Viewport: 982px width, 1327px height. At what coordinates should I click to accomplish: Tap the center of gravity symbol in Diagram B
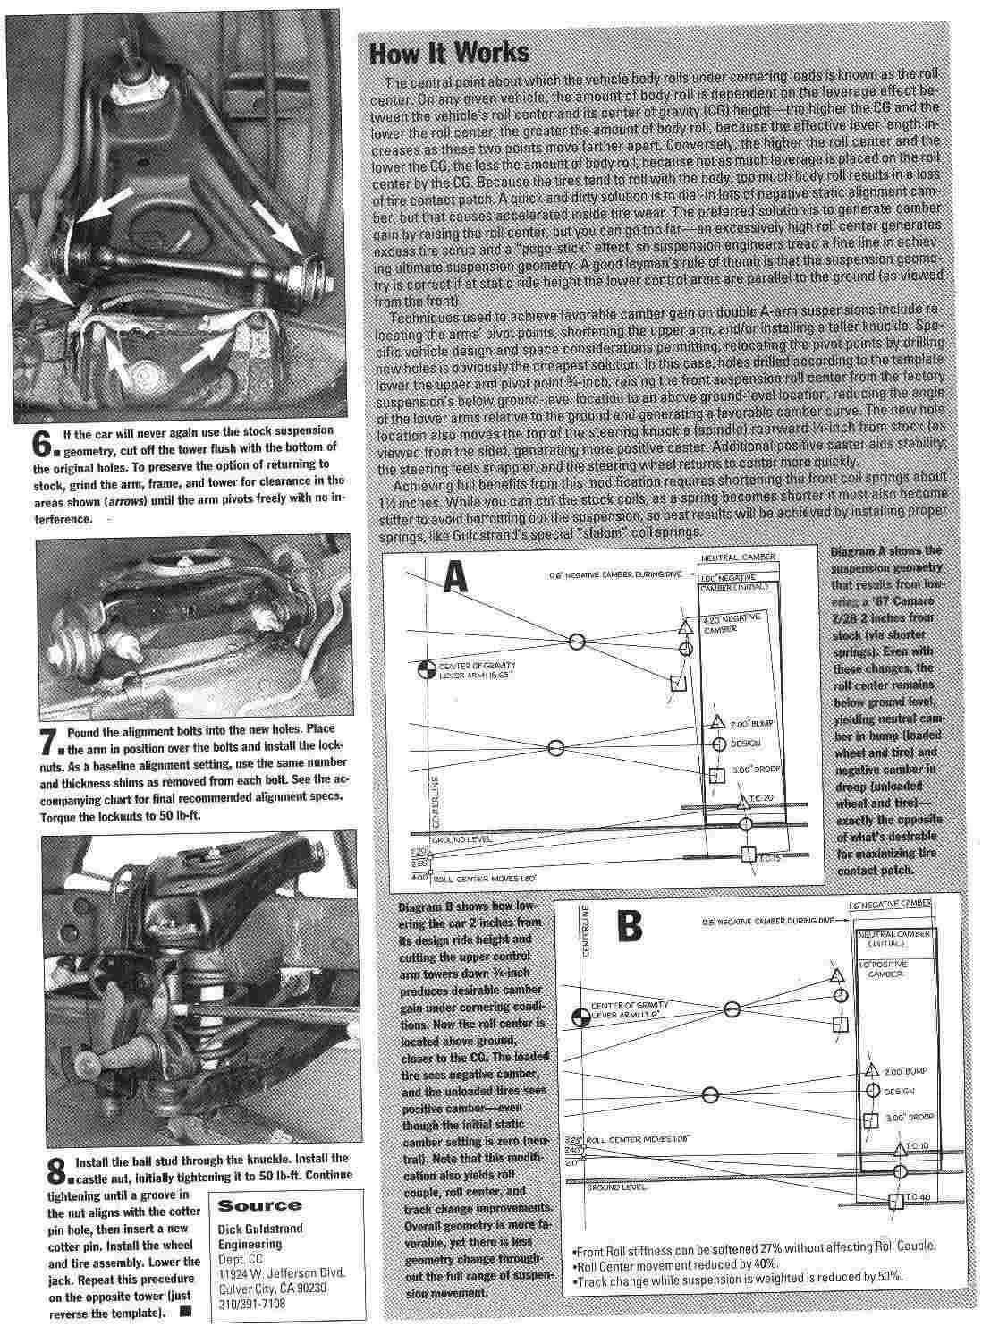(x=581, y=1016)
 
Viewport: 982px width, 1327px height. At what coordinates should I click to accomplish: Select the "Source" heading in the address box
(x=259, y=1205)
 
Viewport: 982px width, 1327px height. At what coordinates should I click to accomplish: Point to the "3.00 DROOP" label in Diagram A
(x=746, y=770)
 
